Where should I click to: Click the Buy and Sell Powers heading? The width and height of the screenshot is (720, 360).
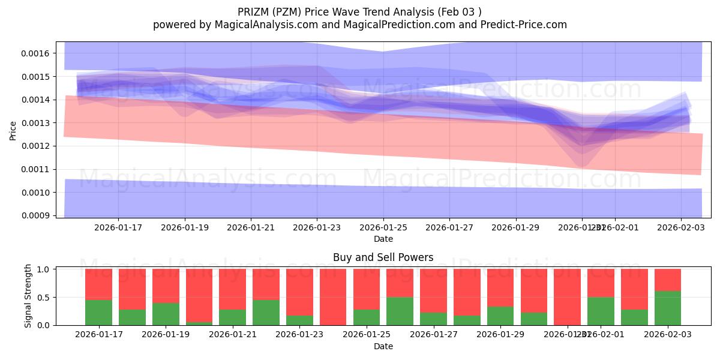point(383,257)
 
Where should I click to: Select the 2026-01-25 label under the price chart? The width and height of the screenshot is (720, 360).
point(383,227)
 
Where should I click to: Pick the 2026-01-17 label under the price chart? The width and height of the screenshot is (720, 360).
point(118,227)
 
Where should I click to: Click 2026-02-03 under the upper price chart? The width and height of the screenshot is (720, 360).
point(680,227)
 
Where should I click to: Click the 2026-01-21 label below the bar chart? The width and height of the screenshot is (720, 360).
point(233,334)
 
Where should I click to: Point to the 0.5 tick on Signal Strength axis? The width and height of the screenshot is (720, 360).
point(45,298)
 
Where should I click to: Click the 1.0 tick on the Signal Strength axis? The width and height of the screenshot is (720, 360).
point(45,269)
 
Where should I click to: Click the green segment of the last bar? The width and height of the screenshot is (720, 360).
point(668,308)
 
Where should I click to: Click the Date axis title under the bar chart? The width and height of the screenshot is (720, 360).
point(383,346)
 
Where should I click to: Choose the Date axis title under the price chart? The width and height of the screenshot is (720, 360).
point(383,239)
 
